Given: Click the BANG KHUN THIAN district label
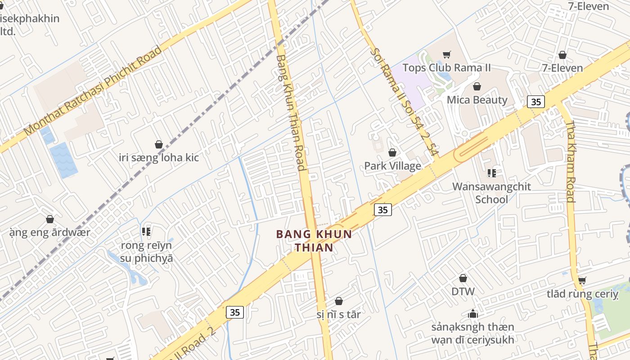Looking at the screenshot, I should click(314, 241).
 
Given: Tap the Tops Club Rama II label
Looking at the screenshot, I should click(446, 68).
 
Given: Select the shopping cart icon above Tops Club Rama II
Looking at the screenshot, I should click(446, 55).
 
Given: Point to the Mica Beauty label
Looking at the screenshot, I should click(477, 100).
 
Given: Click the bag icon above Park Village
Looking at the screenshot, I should click(392, 153).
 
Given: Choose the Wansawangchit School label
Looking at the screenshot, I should click(491, 193).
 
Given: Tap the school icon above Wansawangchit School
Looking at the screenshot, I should click(492, 173).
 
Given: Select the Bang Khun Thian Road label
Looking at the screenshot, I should click(291, 112).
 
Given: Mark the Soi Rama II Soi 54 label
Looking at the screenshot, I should click(404, 102).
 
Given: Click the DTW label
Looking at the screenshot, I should click(463, 291).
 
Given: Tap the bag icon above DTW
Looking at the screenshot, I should click(463, 279).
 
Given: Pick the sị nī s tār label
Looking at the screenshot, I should click(338, 314).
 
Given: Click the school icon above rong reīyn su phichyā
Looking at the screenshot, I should click(146, 232).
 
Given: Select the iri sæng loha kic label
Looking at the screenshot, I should click(159, 157).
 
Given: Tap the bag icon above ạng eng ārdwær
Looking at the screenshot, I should click(50, 220).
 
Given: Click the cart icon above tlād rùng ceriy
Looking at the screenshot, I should click(582, 281).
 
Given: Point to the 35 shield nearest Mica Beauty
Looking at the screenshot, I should click(535, 102).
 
